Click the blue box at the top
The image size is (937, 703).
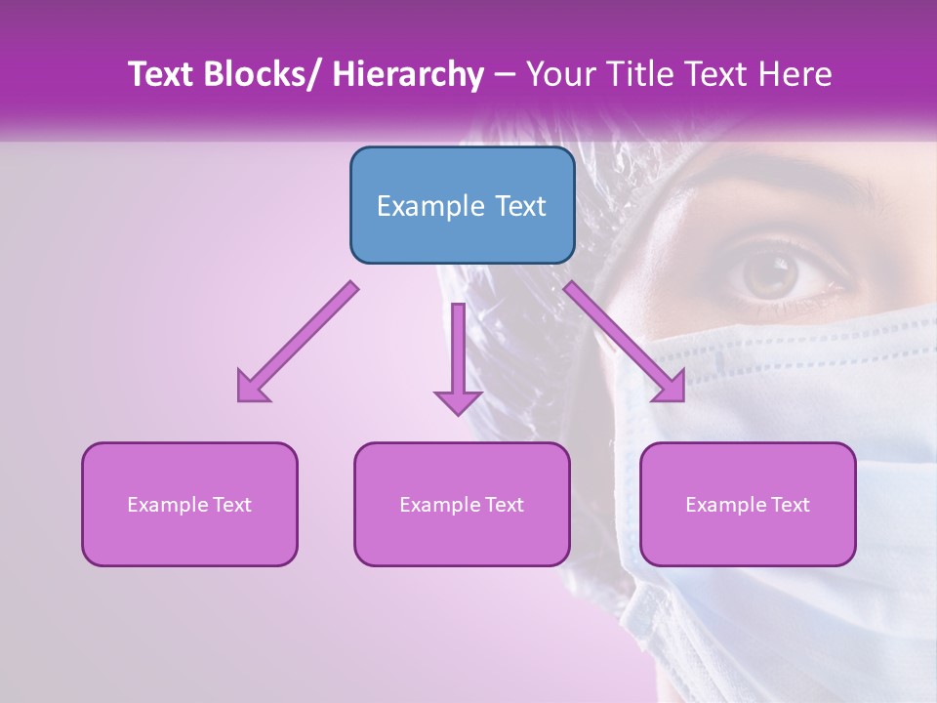coord(462,205)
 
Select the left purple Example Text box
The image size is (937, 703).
coord(189,504)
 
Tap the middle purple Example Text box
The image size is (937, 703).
coord(462,504)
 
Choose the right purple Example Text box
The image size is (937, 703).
coord(748,504)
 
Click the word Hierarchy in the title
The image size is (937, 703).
coord(407,75)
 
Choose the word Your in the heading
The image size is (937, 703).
coord(561,75)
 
